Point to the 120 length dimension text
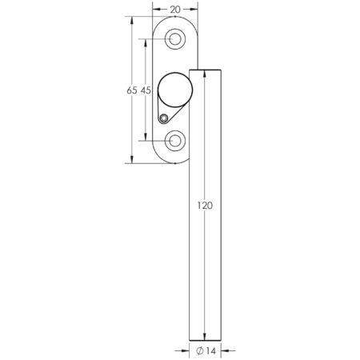(204, 206)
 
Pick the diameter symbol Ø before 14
(198, 350)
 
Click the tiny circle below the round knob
(164, 119)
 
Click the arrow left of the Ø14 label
(185, 350)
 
